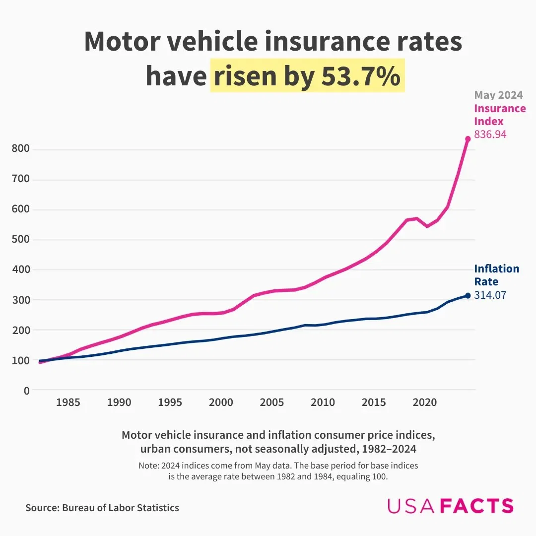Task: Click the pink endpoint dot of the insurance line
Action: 468,139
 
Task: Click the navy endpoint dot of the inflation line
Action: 468,296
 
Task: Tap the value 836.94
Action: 490,134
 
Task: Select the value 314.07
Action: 490,295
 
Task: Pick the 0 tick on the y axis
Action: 26,391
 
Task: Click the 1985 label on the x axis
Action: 68,402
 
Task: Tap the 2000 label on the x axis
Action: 221,402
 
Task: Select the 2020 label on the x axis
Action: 424,402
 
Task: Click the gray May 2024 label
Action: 498,95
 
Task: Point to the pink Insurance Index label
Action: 499,115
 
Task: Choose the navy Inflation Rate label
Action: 496,275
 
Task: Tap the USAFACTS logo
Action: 450,506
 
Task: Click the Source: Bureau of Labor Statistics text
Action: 102,508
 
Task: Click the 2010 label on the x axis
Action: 323,402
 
